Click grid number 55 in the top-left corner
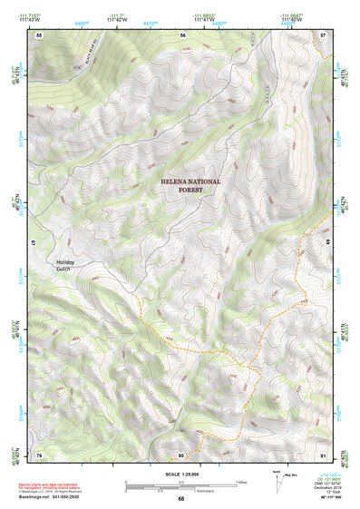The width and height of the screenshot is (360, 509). (x=39, y=34)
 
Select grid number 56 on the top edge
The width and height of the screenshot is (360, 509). (x=182, y=34)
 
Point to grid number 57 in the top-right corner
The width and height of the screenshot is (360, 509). (x=324, y=34)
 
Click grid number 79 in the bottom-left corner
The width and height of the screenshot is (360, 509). (x=39, y=454)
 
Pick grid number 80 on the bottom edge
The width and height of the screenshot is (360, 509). (x=181, y=454)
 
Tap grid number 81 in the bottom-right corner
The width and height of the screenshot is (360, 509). (x=324, y=454)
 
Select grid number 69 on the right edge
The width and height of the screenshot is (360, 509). (x=328, y=243)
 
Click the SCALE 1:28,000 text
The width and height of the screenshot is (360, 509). (x=180, y=474)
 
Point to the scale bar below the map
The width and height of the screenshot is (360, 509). (x=180, y=485)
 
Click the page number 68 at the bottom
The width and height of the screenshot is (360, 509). (x=180, y=499)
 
